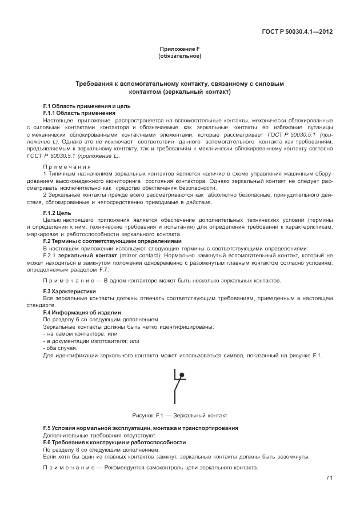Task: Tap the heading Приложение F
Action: click(x=179, y=50)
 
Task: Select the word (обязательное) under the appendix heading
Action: click(x=179, y=57)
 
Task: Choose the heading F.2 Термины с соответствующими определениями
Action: click(x=112, y=241)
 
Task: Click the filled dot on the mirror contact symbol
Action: click(x=182, y=376)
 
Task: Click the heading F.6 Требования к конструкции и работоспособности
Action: click(x=114, y=443)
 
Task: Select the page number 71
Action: click(x=329, y=478)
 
